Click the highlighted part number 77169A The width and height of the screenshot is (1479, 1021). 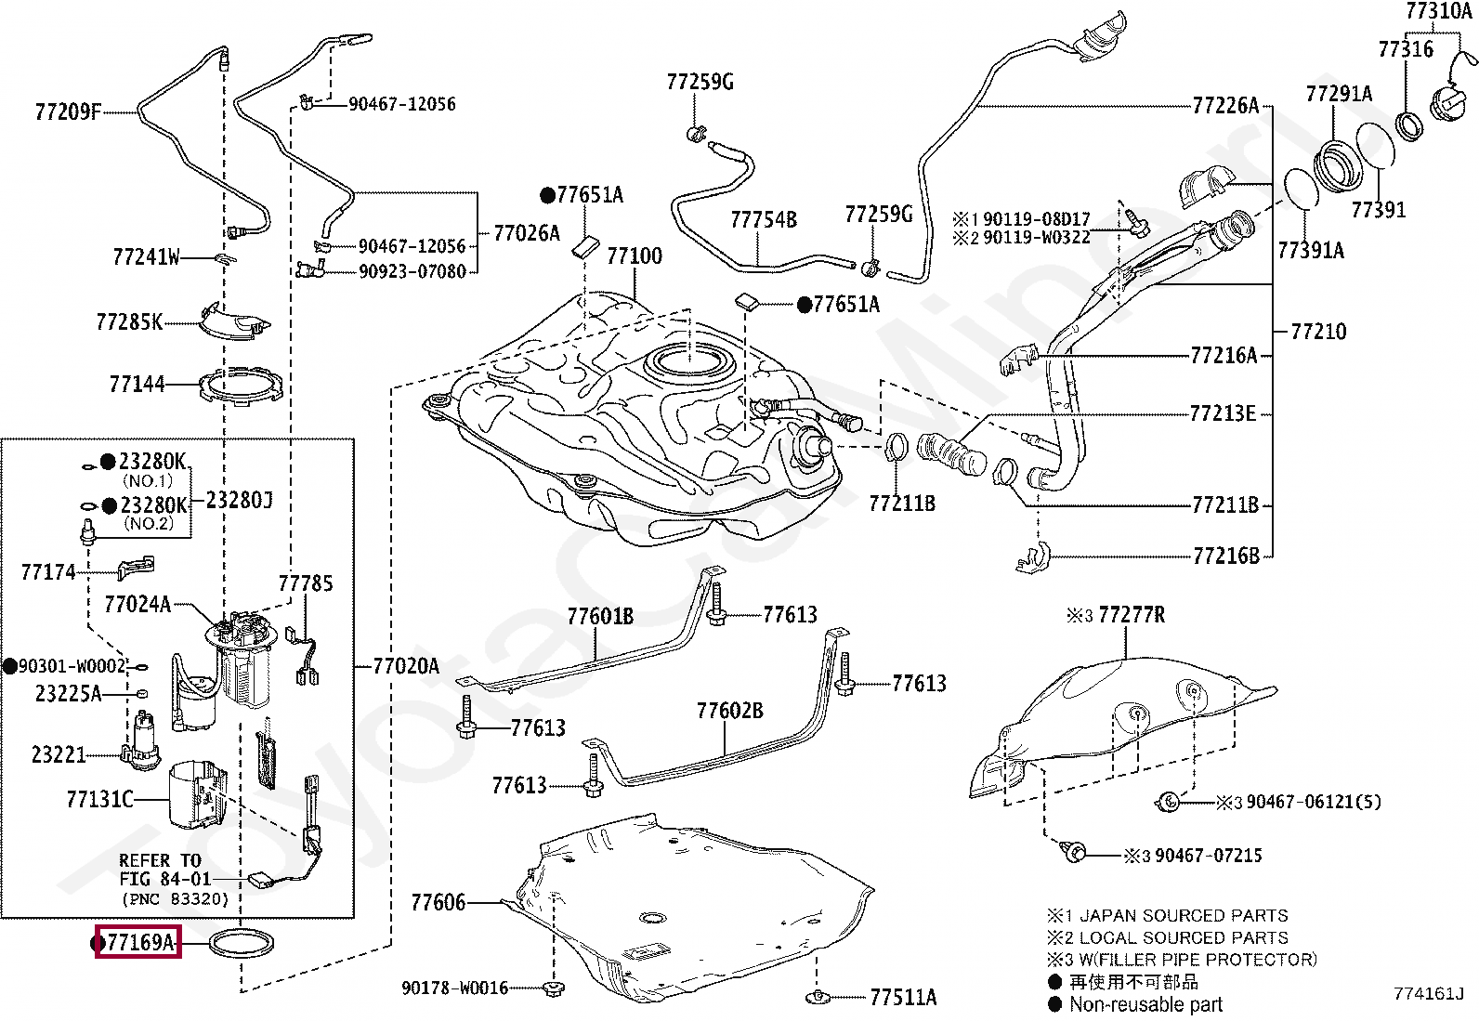[140, 942]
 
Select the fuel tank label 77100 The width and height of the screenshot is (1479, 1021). [634, 255]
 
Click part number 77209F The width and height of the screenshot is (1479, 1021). [68, 111]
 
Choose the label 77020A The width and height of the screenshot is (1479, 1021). [405, 666]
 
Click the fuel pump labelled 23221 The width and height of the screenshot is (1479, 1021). [140, 741]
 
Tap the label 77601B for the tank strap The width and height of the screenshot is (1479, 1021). [600, 616]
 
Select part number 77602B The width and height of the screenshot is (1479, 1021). [729, 711]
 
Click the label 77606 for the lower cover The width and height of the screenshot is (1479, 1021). [438, 902]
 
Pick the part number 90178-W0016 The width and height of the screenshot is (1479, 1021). [455, 988]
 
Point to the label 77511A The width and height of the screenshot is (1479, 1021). [903, 997]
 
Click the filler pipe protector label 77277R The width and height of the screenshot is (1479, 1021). [1132, 615]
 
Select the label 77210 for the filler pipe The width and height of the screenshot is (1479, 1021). [1318, 331]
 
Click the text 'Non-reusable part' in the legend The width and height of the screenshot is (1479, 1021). [1145, 1004]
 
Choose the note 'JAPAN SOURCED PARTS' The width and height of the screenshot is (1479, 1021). [1184, 915]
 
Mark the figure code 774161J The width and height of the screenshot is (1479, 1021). [1428, 993]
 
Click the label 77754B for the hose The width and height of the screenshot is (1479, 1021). [764, 219]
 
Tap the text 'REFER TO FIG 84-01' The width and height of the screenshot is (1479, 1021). [164, 870]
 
